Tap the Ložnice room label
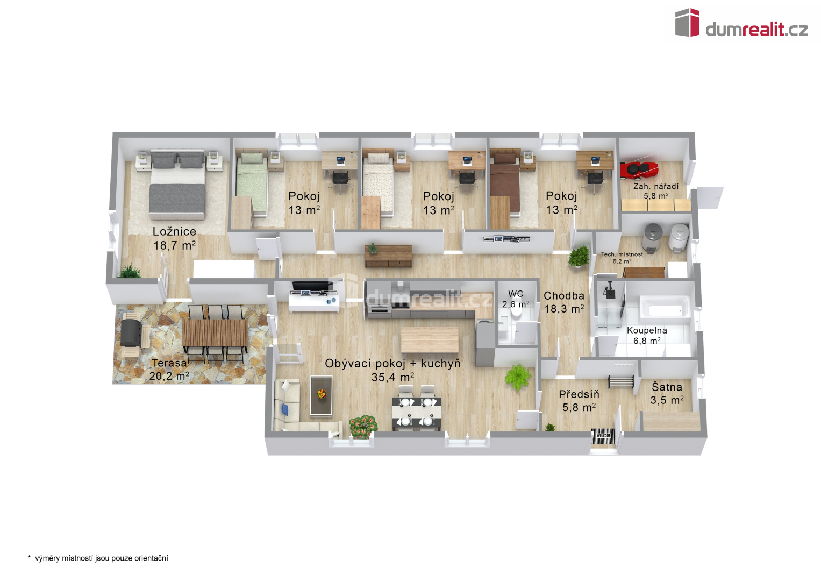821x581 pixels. tap(174, 231)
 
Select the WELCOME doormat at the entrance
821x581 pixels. tap(604, 436)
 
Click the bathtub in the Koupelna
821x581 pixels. tap(664, 306)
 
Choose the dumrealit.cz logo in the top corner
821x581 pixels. tap(741, 23)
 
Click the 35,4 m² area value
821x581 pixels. tap(393, 378)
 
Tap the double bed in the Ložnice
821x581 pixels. tap(177, 184)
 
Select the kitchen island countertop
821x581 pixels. tap(430, 339)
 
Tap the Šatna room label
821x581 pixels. tap(667, 387)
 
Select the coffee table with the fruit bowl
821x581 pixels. tap(322, 395)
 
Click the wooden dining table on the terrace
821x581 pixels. tap(215, 333)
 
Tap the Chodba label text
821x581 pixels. tap(563, 296)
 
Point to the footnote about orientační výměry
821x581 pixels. tap(98, 558)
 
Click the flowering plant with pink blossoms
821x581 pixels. tap(363, 426)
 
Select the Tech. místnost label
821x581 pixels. tap(622, 254)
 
